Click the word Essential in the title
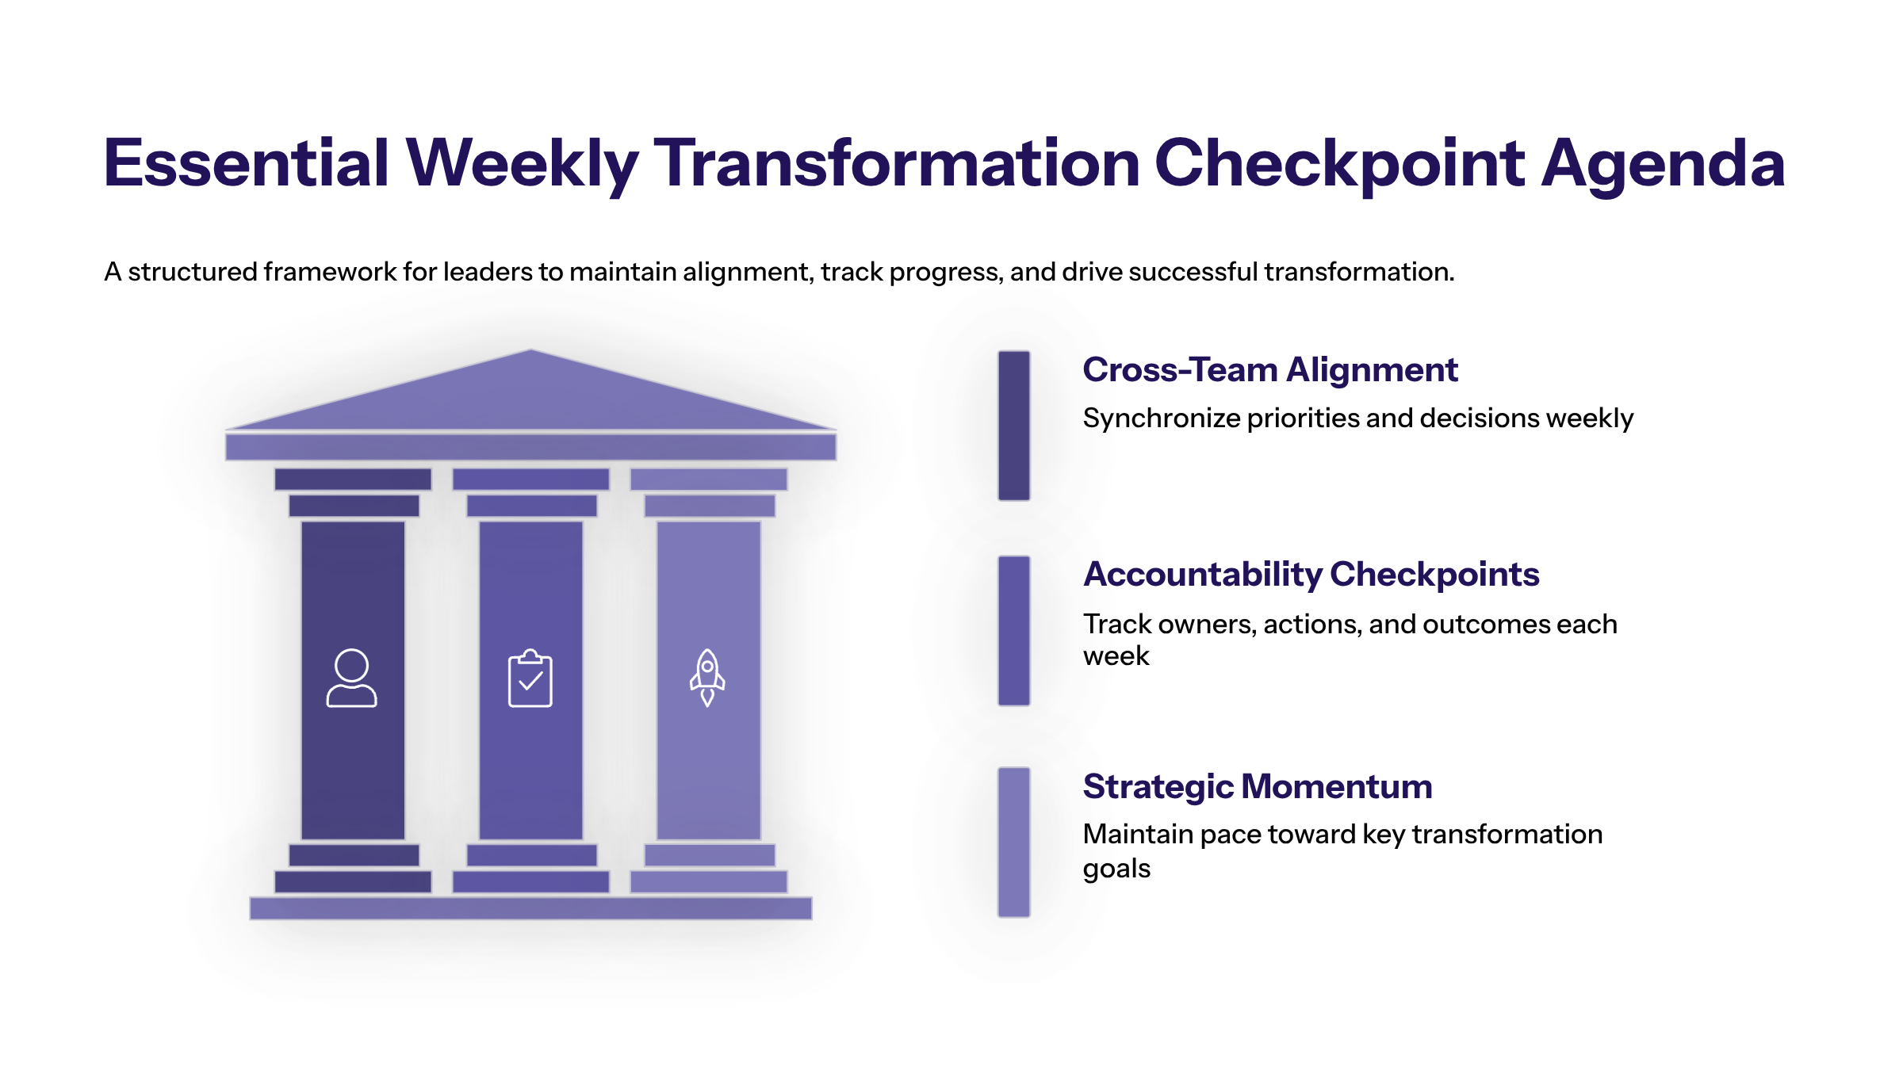(x=247, y=163)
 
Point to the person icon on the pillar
(x=351, y=678)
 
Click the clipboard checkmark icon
(x=530, y=678)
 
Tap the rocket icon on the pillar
(x=707, y=678)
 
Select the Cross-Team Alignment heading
(x=1270, y=369)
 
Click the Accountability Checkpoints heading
(x=1311, y=575)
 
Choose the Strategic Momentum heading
(x=1258, y=787)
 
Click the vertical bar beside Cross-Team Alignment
(x=1014, y=426)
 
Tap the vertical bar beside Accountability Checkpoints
(x=1014, y=631)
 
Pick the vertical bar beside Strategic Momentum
(x=1014, y=843)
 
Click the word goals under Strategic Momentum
(x=1116, y=869)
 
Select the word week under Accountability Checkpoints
(x=1116, y=656)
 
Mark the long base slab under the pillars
(x=530, y=908)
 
